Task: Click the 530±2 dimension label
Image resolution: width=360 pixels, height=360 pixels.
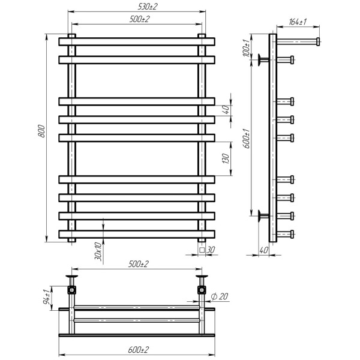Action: click(148, 7)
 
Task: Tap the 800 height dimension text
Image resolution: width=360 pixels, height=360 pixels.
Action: click(41, 131)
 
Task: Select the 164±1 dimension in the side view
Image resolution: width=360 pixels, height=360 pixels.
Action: click(298, 22)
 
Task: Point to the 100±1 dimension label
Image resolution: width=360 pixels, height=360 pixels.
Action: click(246, 48)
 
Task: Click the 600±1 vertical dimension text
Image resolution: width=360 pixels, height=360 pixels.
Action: click(247, 139)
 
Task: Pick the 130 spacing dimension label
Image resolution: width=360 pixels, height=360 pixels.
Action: click(226, 158)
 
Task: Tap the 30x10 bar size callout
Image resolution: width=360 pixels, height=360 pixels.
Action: click(98, 251)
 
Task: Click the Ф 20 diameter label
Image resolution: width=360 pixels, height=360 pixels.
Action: click(220, 296)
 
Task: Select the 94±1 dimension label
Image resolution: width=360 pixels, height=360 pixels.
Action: click(47, 297)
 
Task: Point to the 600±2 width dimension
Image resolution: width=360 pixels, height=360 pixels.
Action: click(138, 350)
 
